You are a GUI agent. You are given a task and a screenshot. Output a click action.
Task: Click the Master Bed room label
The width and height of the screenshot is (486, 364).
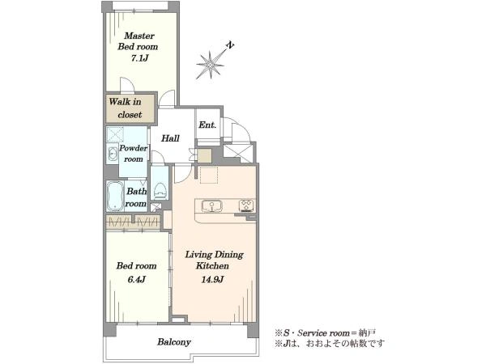(x=138, y=41)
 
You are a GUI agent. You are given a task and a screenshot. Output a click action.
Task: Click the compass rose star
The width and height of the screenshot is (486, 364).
(x=211, y=65)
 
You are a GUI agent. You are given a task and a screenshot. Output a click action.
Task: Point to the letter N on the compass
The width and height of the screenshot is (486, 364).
(x=230, y=45)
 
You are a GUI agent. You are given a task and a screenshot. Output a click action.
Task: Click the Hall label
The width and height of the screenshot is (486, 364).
(x=170, y=138)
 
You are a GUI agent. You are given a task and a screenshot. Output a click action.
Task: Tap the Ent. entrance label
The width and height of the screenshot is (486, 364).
(x=207, y=125)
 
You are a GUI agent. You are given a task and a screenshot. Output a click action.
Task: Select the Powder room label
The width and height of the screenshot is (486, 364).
(x=134, y=154)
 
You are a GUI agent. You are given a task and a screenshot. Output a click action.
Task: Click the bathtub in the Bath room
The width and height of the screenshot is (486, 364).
(x=115, y=197)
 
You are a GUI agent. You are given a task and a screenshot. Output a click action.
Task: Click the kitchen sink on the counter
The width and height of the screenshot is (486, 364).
(x=211, y=205)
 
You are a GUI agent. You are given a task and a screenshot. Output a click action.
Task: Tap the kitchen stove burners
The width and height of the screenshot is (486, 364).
(x=246, y=205)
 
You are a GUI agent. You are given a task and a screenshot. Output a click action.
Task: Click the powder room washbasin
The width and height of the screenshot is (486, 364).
(x=112, y=154)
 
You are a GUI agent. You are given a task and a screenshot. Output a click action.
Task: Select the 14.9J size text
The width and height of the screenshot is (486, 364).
(x=212, y=280)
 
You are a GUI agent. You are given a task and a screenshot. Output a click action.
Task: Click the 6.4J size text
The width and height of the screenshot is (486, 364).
(x=136, y=280)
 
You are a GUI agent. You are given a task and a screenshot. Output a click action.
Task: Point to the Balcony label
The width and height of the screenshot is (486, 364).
(x=174, y=342)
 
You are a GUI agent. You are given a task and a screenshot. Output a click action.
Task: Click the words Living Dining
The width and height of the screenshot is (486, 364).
(x=214, y=255)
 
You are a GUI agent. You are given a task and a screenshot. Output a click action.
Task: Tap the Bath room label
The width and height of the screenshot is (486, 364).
(x=136, y=197)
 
